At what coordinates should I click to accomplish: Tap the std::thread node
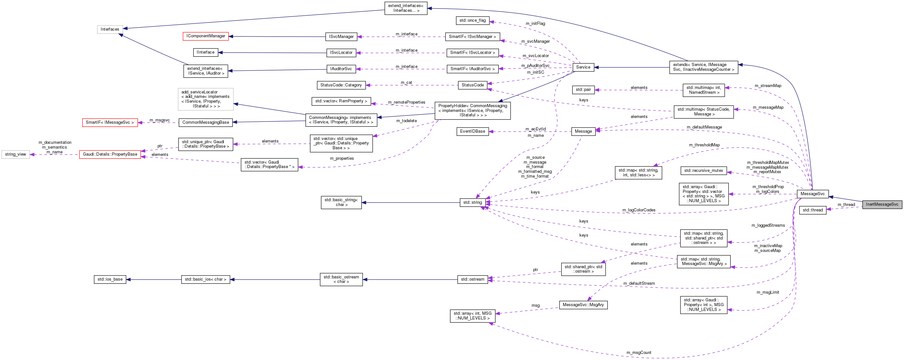pos(812,210)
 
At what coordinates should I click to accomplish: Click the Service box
pos(583,67)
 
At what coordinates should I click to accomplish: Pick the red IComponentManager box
pos(206,36)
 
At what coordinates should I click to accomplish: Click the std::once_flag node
pos(472,20)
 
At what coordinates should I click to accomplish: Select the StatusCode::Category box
pos(341,85)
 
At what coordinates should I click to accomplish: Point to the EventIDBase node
pos(472,132)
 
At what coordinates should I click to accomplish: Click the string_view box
pos(15,154)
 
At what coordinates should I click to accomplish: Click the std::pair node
pos(583,90)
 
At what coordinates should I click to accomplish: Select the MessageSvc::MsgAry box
pos(583,305)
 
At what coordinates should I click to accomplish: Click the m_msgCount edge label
pos(638,353)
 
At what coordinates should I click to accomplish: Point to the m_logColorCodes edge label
pos(638,210)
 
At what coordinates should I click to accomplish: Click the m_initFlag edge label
pos(535,24)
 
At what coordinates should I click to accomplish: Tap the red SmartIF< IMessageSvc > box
pos(110,122)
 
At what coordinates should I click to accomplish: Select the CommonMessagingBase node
pos(206,122)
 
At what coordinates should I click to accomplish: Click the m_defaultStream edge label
pos(639,283)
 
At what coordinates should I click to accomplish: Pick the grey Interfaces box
pos(110,29)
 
